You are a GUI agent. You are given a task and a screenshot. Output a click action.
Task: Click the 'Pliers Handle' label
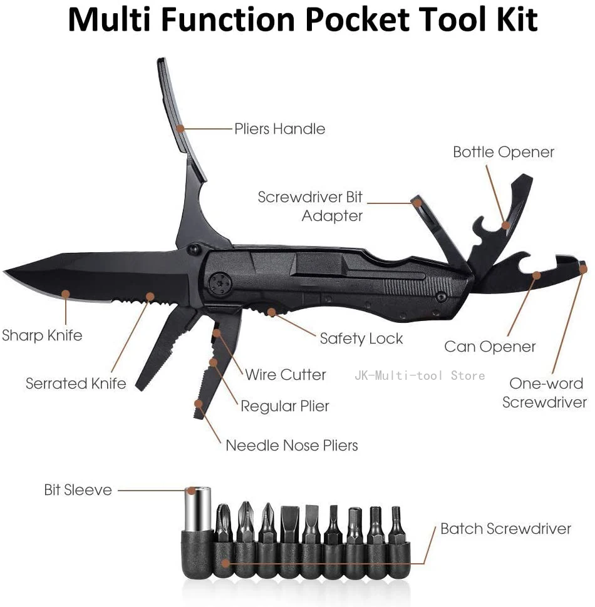(x=279, y=129)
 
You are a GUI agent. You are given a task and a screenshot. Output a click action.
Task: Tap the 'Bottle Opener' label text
(x=504, y=152)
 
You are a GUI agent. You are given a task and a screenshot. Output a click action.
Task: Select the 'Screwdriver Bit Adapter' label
(x=311, y=207)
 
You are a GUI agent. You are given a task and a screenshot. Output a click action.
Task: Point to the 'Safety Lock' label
(x=361, y=339)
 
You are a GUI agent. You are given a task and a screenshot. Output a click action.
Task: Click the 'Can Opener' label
(x=490, y=347)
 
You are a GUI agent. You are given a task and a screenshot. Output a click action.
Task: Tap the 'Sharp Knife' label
(x=42, y=335)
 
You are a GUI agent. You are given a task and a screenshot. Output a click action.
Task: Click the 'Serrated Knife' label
(x=76, y=383)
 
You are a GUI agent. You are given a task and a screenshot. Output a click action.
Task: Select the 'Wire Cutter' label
(x=285, y=374)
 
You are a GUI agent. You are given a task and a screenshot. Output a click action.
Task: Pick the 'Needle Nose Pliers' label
(x=292, y=446)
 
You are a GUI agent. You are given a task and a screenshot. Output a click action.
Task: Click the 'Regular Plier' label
(x=285, y=406)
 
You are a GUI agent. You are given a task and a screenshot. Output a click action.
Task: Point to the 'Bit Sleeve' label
(x=78, y=489)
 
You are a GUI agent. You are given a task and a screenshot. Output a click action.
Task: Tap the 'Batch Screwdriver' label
(x=505, y=529)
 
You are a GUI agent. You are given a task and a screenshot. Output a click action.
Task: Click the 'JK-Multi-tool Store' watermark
(x=420, y=375)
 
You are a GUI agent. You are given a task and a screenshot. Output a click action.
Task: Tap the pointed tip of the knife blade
(x=6, y=272)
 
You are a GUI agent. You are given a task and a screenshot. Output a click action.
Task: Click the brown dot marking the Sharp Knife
(x=65, y=293)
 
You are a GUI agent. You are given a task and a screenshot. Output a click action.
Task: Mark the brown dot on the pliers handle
(x=180, y=128)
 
